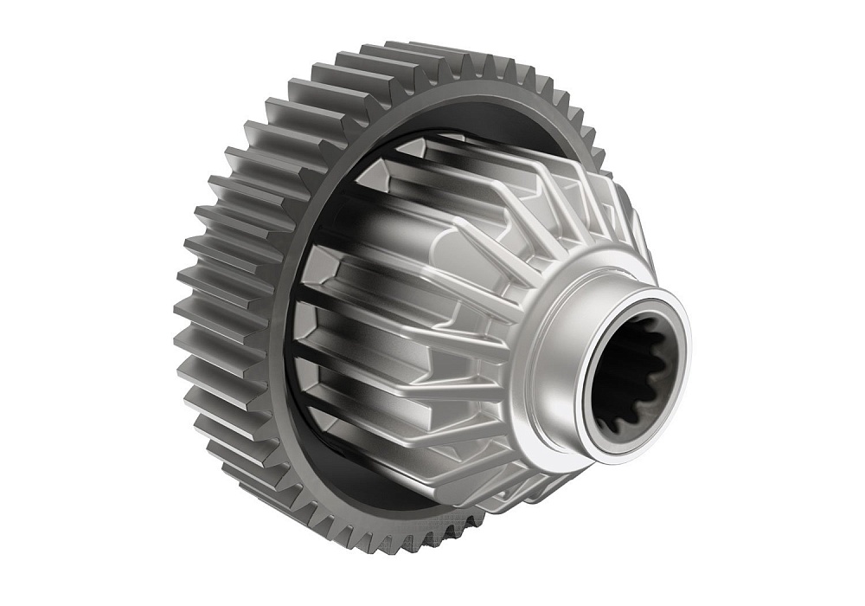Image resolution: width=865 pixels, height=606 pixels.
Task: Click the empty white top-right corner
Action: coord(822,35)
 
